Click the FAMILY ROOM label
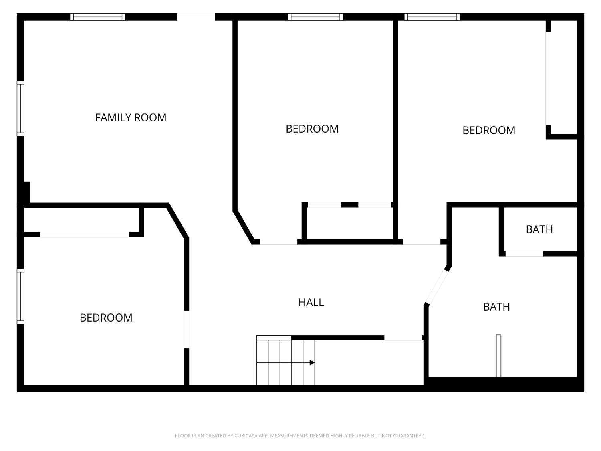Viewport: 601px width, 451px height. (131, 117)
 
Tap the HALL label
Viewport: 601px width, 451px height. (311, 303)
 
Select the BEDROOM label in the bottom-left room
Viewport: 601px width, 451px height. (106, 318)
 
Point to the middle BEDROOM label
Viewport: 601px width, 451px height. (312, 129)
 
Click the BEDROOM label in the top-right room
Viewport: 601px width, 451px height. (489, 130)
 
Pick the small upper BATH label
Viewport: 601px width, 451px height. (539, 229)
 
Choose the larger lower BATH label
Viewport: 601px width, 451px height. (496, 307)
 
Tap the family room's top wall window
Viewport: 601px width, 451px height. (98, 17)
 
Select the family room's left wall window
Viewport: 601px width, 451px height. (20, 108)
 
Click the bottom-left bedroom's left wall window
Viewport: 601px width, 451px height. (20, 296)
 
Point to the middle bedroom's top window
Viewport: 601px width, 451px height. (315, 17)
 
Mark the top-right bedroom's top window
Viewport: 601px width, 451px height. (432, 17)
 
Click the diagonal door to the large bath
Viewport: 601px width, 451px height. (437, 287)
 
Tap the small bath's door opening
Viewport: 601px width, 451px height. (524, 254)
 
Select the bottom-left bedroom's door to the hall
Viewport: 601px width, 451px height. (186, 330)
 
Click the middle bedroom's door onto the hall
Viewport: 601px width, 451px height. (278, 242)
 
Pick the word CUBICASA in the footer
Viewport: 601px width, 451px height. (245, 436)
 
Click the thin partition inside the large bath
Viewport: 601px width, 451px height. (498, 356)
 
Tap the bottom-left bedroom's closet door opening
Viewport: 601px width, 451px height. (84, 235)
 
